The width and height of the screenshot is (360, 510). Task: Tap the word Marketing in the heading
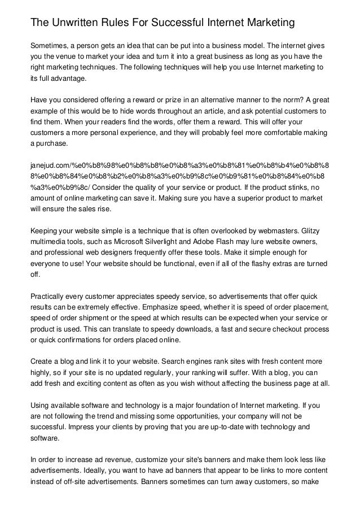pyautogui.click(x=266, y=23)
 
